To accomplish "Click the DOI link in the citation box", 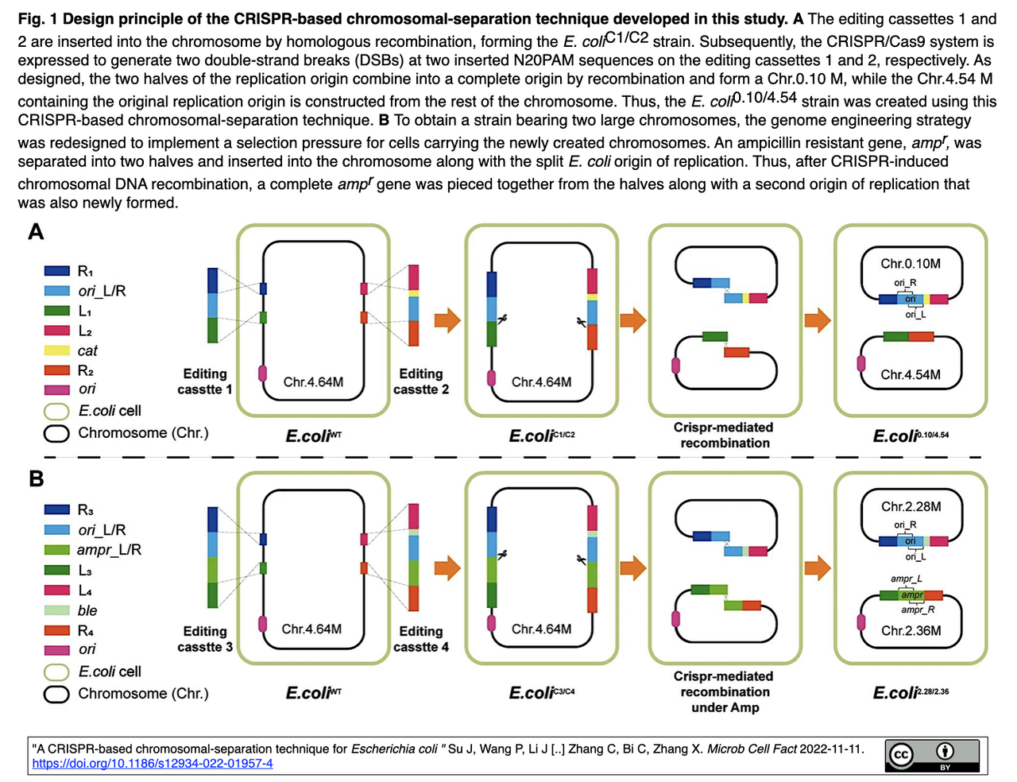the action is tap(152, 763).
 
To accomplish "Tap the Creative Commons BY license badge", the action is tap(931, 755).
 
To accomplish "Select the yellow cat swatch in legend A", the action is tap(56, 350).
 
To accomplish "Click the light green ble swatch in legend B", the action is tap(56, 610).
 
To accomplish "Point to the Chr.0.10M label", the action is tap(911, 264).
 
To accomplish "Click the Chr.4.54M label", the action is tap(911, 375).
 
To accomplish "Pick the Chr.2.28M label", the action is tap(911, 507).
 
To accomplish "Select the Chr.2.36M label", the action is tap(911, 631).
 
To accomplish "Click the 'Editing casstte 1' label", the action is tap(204, 381).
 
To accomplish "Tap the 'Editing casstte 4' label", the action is tap(421, 639).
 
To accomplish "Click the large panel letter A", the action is tap(36, 231).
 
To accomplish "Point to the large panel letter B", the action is tap(36, 478).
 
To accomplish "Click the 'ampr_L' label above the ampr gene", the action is tap(906, 579).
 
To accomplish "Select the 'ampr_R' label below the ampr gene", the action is tap(918, 610).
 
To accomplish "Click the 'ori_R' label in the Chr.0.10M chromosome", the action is tap(905, 283).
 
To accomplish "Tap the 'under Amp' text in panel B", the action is tap(725, 707).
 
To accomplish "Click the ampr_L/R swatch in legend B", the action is tap(56, 550).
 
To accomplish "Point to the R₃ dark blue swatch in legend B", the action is tap(56, 509).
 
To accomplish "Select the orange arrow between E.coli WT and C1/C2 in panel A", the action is tap(447, 320).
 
